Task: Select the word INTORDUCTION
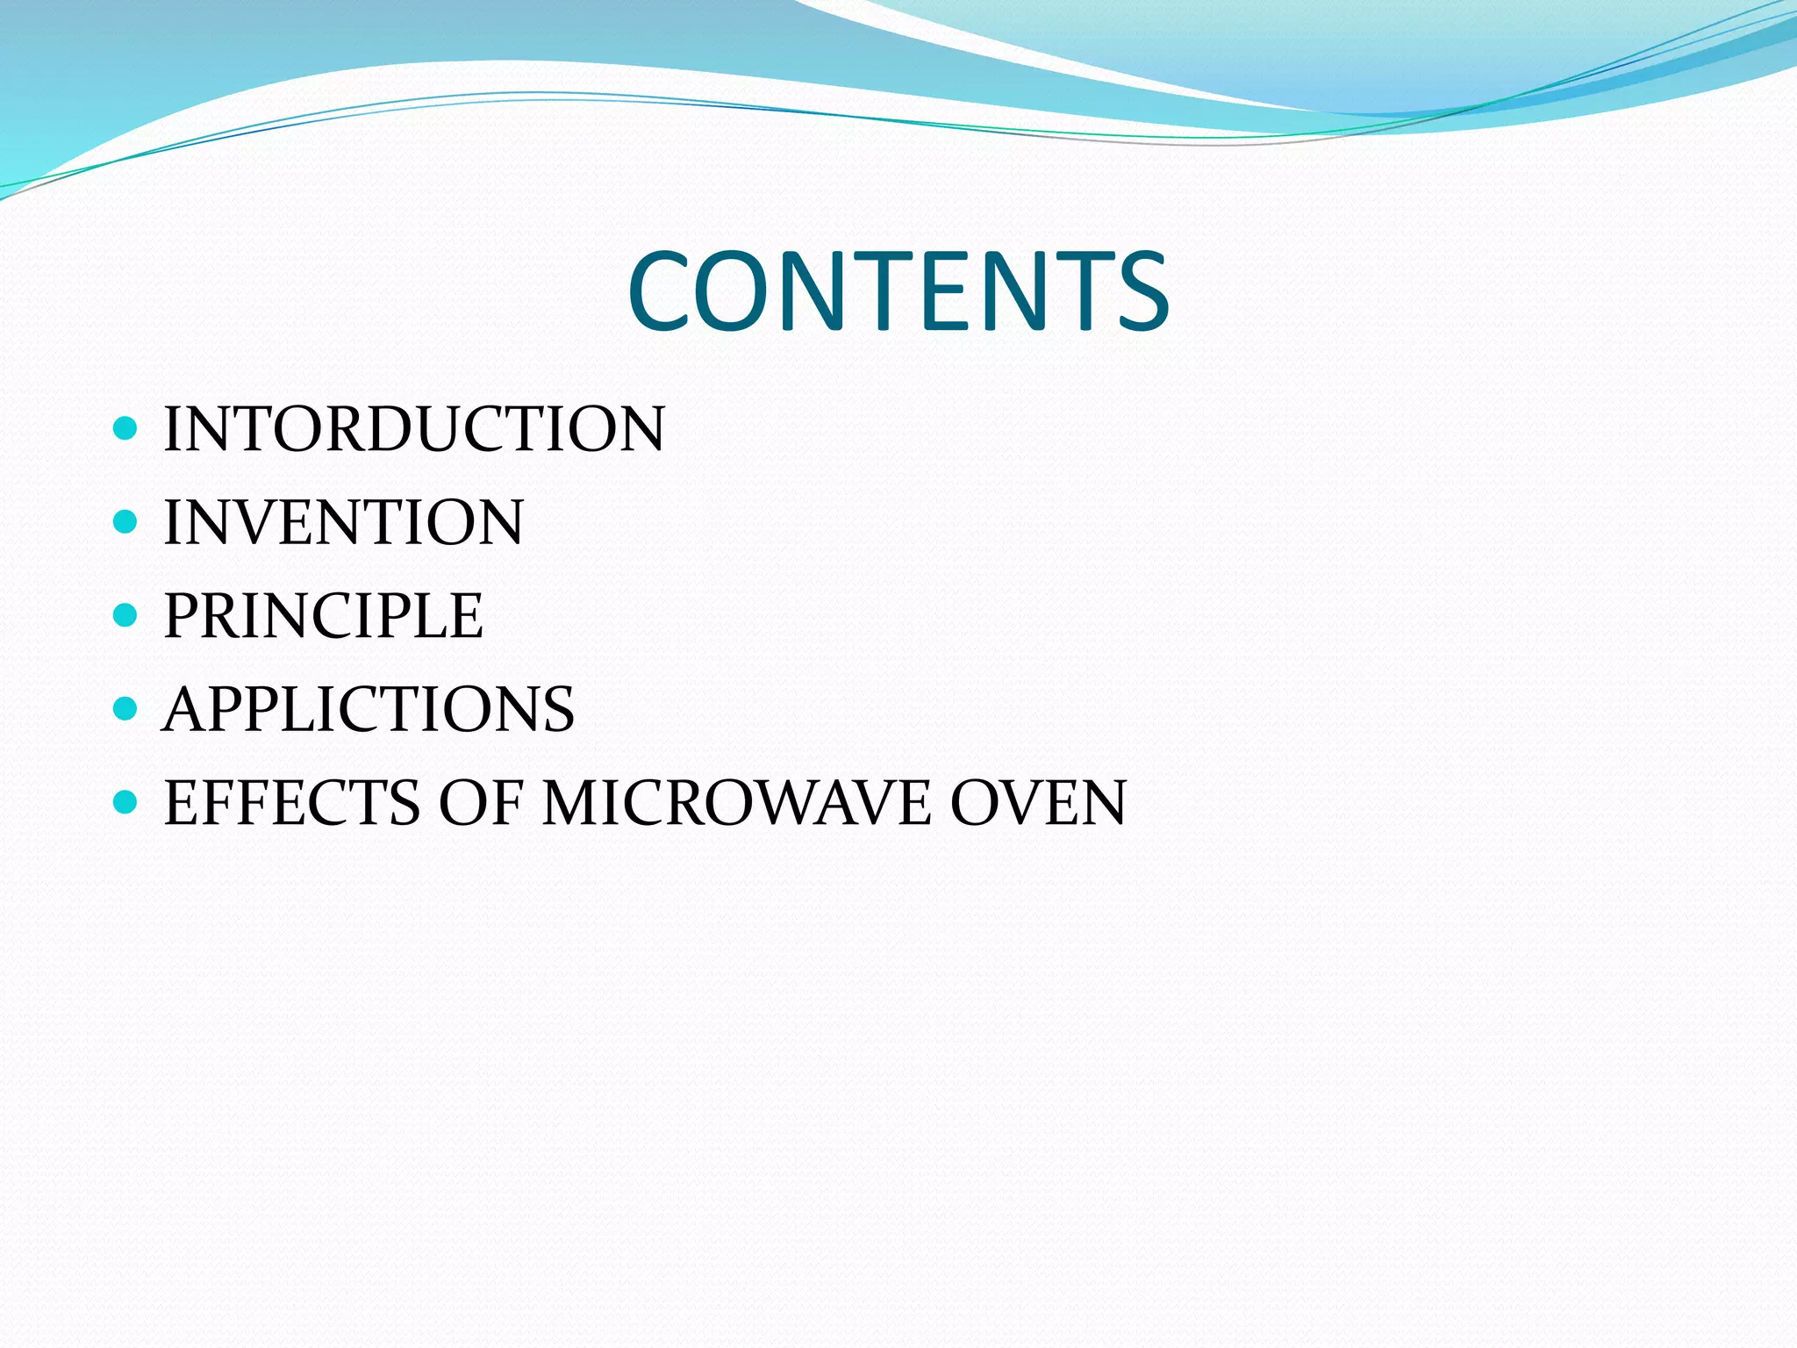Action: pos(414,429)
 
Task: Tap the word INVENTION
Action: pos(343,522)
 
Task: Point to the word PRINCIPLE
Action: pos(323,616)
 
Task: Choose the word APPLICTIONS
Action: pos(369,709)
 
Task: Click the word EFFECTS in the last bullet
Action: pos(292,803)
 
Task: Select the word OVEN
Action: pos(1039,803)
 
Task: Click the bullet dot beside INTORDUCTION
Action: pos(126,428)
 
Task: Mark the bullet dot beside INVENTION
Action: pos(126,522)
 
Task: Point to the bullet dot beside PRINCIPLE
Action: pos(126,615)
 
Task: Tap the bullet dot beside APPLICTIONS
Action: pos(126,708)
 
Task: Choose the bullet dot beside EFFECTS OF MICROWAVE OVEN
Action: pos(126,801)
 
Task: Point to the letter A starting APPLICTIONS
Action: pos(187,709)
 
